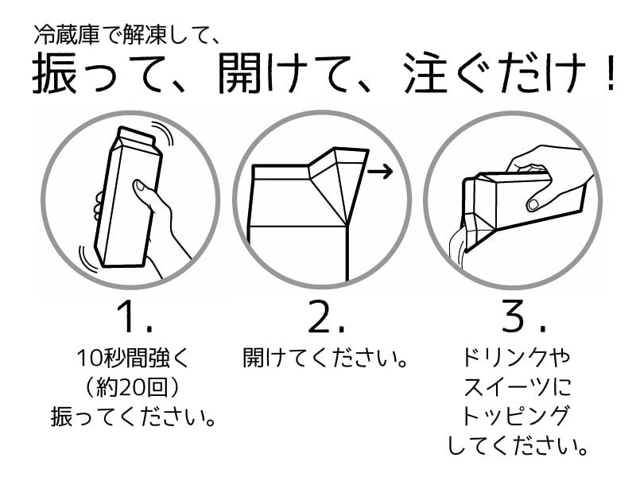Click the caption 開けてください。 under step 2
point(325,356)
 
